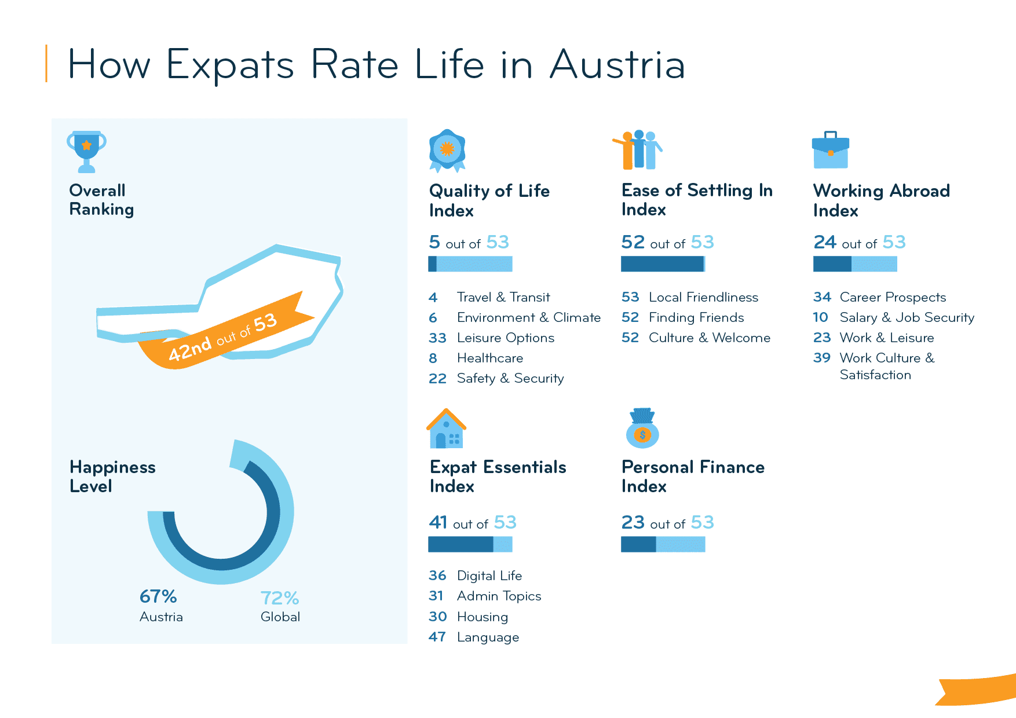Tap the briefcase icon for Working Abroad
[x=830, y=151]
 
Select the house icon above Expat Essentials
[x=446, y=429]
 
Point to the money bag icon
[x=642, y=429]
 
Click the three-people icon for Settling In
[x=638, y=150]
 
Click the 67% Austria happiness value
[x=158, y=596]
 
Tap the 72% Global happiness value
[x=280, y=598]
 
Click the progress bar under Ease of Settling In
[x=663, y=264]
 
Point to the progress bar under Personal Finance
[x=663, y=544]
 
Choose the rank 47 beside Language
[x=437, y=637]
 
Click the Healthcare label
[x=489, y=358]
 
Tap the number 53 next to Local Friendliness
[x=630, y=297]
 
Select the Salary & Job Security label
[x=907, y=317]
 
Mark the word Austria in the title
[x=617, y=64]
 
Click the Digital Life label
[x=489, y=576]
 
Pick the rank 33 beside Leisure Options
[x=437, y=338]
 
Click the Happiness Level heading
[x=112, y=477]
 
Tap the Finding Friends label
[x=696, y=317]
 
